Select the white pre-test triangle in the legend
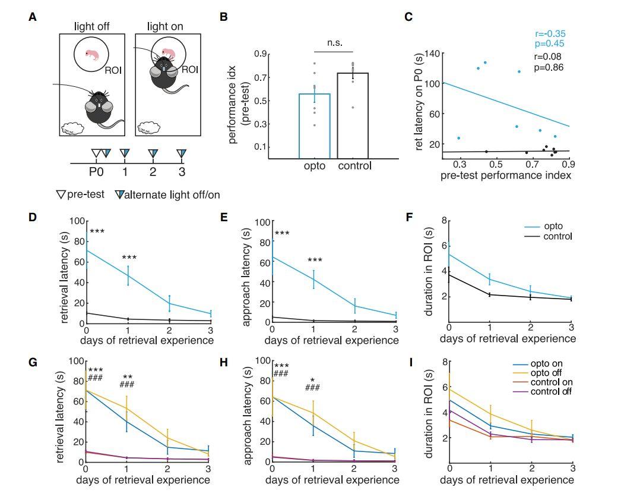(60, 194)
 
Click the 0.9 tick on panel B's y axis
(259, 54)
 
